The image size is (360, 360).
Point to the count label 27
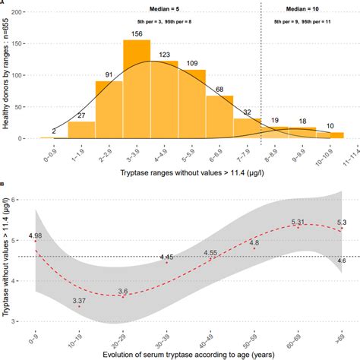(82, 115)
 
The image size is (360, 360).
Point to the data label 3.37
(80, 302)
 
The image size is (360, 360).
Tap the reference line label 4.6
(343, 261)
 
